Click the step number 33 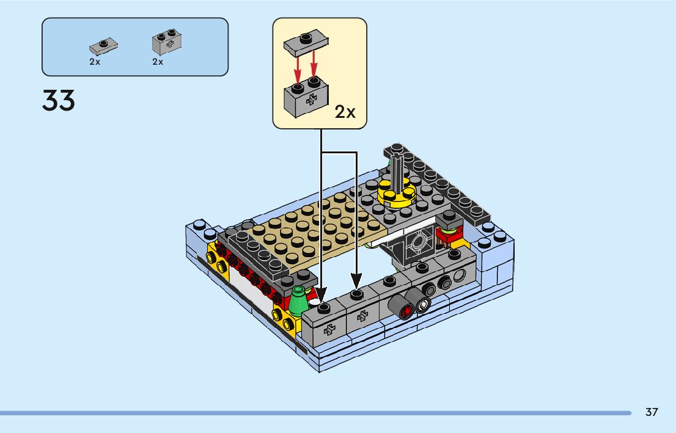[59, 101]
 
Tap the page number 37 [652, 412]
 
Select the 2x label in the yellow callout [345, 112]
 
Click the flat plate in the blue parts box [103, 46]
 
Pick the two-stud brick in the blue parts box [167, 42]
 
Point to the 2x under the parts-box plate [95, 62]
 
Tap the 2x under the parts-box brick [158, 62]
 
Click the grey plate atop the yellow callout [306, 42]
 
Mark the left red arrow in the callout [298, 69]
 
